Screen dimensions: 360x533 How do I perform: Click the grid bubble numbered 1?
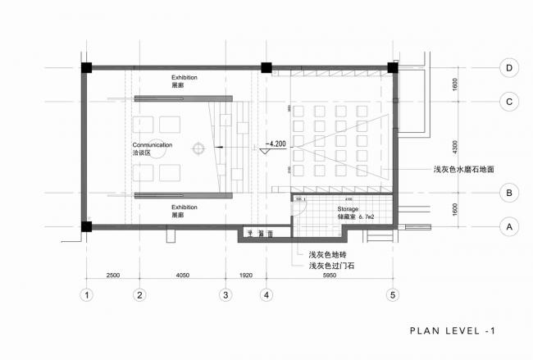tap(84, 294)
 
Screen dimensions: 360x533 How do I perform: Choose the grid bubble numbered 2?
tap(139, 294)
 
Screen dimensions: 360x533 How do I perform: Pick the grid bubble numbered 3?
tap(225, 294)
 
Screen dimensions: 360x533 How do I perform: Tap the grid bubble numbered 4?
tap(266, 294)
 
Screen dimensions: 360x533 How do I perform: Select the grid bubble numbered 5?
tap(393, 294)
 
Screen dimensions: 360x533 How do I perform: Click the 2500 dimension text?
tap(113, 276)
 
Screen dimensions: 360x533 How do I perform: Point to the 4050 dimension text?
tap(182, 276)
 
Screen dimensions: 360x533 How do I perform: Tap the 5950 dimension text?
tap(330, 276)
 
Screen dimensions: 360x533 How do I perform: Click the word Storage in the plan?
tap(348, 210)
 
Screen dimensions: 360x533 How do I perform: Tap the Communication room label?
tap(153, 144)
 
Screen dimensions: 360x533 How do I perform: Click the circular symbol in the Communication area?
tap(198, 148)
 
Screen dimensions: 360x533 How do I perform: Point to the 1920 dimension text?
tap(246, 276)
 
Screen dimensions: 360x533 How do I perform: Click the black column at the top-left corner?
tap(85, 67)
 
